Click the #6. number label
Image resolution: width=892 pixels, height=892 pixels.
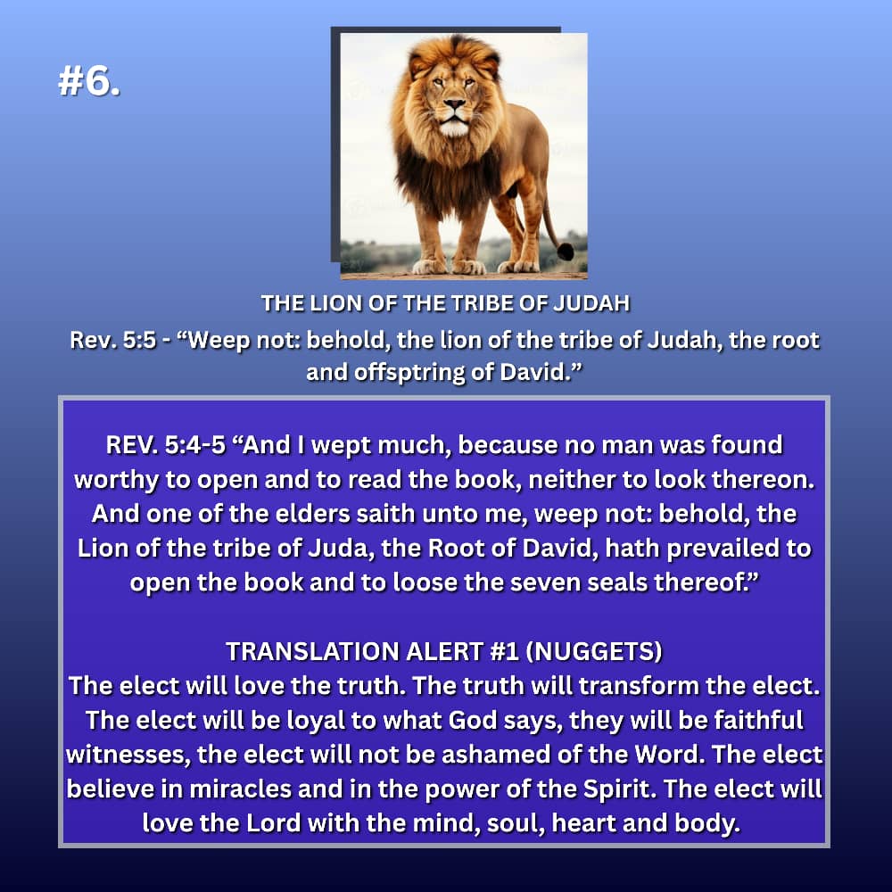89,80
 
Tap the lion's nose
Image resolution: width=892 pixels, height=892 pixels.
454,104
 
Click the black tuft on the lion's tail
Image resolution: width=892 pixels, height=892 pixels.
566,252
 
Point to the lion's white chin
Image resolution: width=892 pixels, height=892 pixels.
454,128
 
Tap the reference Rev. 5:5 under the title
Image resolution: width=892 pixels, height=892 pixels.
112,340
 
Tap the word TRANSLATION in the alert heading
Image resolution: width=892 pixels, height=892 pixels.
311,651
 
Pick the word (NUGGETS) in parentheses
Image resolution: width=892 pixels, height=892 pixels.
594,651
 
